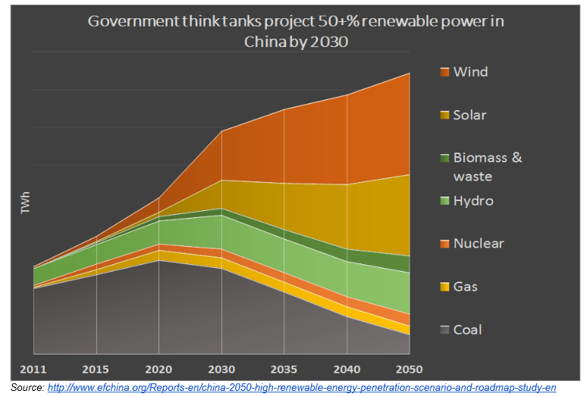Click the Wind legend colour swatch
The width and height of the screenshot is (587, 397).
tap(444, 72)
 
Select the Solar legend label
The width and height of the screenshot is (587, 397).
tap(469, 115)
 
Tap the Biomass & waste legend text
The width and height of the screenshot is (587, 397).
tap(487, 167)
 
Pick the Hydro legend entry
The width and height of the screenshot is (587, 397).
tap(473, 201)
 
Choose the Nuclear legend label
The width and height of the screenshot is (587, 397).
tap(478, 244)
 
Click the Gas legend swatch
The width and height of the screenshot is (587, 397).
tap(444, 287)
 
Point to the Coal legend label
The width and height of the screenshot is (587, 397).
tap(467, 329)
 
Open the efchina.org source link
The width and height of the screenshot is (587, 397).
tap(296, 388)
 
